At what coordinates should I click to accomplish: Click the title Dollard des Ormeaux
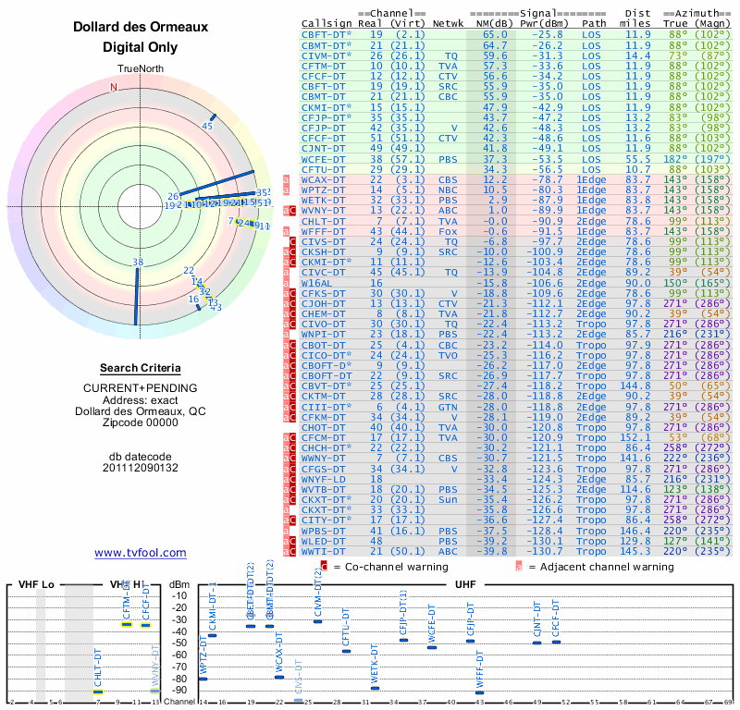tap(141, 27)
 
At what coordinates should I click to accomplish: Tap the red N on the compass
tap(114, 88)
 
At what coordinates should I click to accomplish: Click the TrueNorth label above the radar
tap(140, 69)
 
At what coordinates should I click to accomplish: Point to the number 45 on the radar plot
tap(208, 127)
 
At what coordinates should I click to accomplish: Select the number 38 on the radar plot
tap(138, 263)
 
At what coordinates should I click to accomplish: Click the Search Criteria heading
tap(141, 368)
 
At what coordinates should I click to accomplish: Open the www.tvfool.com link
tap(141, 553)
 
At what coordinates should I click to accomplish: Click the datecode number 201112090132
tap(141, 468)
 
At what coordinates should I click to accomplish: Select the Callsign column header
tap(327, 23)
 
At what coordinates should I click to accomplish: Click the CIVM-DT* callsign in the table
tap(327, 55)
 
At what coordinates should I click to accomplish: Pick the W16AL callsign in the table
tap(319, 283)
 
